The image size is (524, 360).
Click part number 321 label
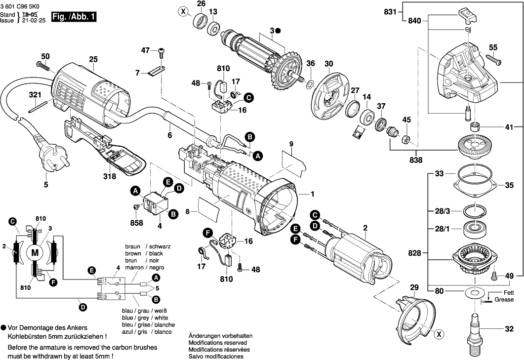point(35,94)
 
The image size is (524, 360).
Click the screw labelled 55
point(494,60)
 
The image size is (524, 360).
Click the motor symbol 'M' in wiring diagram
point(35,253)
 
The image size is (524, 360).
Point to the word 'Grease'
point(504,300)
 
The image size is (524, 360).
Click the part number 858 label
point(136,223)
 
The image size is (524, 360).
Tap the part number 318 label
point(109,176)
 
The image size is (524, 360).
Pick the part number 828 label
point(414,253)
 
